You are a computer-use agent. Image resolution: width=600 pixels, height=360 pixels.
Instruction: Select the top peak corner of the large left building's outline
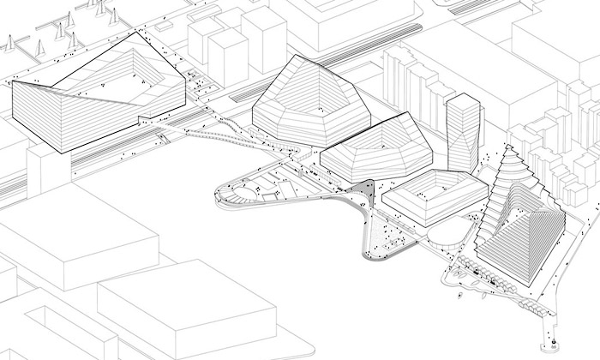pyautogui.click(x=133, y=31)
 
